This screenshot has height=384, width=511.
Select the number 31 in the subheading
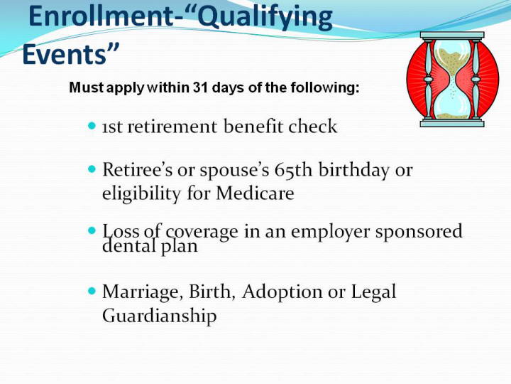tap(200, 87)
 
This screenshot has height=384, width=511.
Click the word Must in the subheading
tap(87, 87)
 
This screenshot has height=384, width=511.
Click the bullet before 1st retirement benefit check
tap(92, 126)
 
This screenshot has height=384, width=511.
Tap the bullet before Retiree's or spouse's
tap(92, 169)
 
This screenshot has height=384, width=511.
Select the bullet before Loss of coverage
tap(92, 230)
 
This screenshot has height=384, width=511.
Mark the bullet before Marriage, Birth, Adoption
tap(92, 291)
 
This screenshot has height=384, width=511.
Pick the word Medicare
tap(255, 193)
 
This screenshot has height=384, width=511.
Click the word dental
tap(128, 245)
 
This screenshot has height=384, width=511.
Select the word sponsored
tap(419, 232)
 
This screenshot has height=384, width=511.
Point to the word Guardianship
tap(160, 316)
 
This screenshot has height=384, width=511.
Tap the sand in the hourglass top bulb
tap(451, 60)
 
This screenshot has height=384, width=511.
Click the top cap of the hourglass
tap(452, 36)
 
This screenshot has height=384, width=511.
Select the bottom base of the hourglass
tap(452, 123)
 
